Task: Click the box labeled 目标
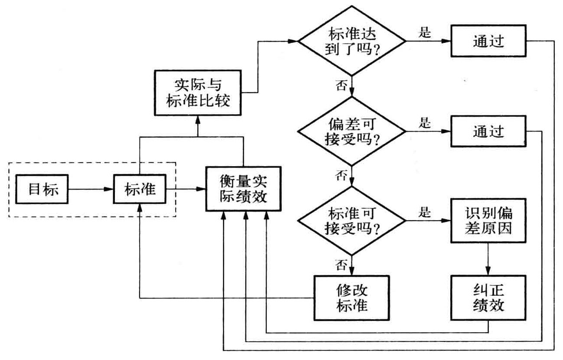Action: [x=43, y=190]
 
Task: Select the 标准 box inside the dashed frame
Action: [x=140, y=190]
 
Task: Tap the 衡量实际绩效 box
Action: [x=242, y=190]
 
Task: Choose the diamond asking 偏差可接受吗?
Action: [x=352, y=131]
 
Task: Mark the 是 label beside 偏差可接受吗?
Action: [x=424, y=122]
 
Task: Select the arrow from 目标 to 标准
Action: [x=91, y=190]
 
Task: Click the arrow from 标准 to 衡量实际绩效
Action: [x=186, y=190]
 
